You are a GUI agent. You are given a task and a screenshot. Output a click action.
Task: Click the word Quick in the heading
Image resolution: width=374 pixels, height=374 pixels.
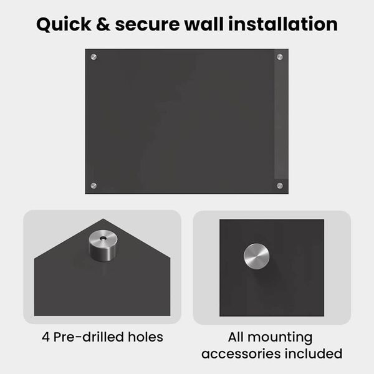64,24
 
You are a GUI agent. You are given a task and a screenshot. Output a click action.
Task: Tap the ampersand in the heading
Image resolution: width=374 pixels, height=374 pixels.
103,24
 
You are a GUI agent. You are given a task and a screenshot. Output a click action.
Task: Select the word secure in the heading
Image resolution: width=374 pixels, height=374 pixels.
147,25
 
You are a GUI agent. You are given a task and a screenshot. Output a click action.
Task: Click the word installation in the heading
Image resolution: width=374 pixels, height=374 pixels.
283,24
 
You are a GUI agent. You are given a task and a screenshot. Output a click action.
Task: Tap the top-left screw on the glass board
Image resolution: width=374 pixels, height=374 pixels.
93,57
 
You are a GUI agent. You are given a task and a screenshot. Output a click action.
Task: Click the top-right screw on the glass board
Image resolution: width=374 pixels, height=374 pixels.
280,57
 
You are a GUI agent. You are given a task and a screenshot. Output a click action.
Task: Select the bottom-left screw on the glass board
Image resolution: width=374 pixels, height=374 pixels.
93,186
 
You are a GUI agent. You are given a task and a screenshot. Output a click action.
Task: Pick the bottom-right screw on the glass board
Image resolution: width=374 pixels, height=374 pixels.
280,186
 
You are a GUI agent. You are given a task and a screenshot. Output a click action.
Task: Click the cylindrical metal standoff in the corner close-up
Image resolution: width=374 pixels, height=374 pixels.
103,246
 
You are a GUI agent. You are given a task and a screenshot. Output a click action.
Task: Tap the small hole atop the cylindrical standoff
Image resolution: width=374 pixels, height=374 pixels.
103,238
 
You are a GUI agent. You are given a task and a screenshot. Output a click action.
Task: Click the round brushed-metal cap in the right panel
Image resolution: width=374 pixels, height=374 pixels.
256,256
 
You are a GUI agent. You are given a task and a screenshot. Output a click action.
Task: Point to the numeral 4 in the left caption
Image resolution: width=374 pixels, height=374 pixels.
46,337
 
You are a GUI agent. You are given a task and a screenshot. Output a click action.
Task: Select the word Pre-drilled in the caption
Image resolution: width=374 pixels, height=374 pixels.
89,337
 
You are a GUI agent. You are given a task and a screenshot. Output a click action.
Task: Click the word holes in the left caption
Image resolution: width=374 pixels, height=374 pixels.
145,337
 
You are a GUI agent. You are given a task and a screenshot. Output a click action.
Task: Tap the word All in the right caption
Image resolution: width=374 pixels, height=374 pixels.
236,337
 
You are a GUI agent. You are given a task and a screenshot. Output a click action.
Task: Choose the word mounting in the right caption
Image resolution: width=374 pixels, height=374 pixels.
280,338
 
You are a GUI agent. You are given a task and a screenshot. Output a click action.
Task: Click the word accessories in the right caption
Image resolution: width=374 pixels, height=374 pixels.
241,353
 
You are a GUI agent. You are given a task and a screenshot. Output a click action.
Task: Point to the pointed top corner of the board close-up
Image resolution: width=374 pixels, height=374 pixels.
103,219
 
